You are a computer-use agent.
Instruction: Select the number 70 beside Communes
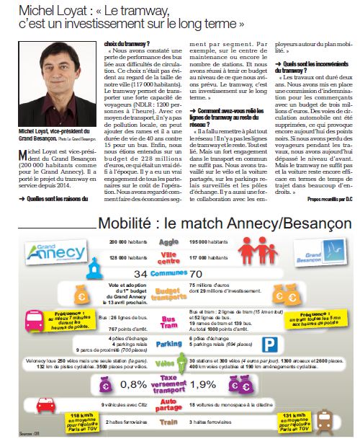(x=215, y=275)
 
